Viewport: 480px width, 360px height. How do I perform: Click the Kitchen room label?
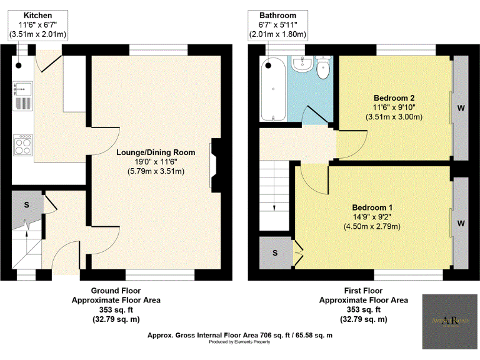click(37, 15)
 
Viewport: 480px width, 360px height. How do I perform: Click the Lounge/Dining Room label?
click(156, 152)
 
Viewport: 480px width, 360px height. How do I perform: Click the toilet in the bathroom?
click(323, 68)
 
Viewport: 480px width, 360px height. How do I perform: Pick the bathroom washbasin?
click(305, 64)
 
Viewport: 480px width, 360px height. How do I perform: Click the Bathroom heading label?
click(278, 15)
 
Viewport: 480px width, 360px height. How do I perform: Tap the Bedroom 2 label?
click(394, 98)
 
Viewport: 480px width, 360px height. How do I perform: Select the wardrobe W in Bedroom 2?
click(461, 107)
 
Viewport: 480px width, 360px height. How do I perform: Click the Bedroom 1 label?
click(372, 207)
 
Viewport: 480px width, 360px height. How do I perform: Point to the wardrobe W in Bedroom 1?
click(461, 222)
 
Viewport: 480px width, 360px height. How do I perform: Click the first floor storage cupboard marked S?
click(276, 253)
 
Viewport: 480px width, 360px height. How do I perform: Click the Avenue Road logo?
click(448, 321)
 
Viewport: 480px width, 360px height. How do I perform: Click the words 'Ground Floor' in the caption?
click(116, 291)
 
